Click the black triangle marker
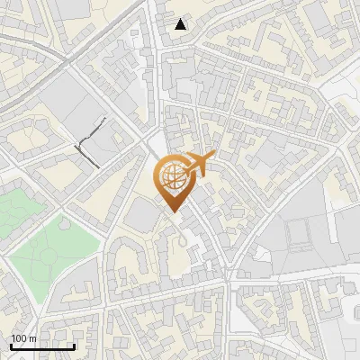point(181,23)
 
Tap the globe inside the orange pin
point(171,179)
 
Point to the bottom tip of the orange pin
point(171,212)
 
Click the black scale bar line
point(42,346)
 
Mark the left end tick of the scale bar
point(11,346)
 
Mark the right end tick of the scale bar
point(74,346)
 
